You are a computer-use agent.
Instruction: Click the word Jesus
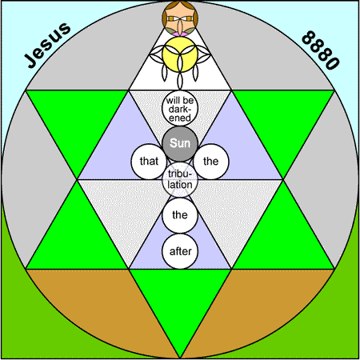pos(47,46)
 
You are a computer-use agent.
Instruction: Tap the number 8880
pos(321,50)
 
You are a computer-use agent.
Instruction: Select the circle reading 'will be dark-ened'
pos(180,108)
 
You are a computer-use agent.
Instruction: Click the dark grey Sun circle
pos(180,144)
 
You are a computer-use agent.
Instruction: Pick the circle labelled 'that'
pos(149,162)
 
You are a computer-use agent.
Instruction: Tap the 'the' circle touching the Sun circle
pos(211,162)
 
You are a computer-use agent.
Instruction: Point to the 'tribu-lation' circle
pos(180,179)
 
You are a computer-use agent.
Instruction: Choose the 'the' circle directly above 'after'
pos(180,215)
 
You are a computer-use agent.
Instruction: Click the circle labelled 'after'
pos(180,251)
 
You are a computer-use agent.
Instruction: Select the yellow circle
pos(180,54)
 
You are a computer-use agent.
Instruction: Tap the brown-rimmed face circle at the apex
pos(180,18)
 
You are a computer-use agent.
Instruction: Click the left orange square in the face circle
pos(170,18)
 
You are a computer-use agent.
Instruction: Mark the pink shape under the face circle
pos(179,34)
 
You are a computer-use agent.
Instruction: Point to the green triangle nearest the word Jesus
pos(78,120)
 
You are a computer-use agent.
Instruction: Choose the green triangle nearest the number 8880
pos(282,120)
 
